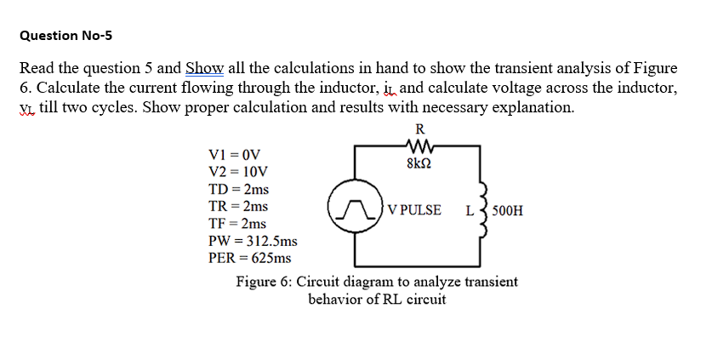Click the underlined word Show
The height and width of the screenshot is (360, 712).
tap(203, 68)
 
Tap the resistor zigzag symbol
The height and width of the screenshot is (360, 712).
tap(419, 146)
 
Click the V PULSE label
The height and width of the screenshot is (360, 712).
tap(413, 210)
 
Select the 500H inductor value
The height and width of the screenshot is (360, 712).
tap(509, 210)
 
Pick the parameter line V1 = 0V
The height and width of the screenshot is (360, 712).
tap(233, 155)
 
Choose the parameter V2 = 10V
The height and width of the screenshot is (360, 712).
tap(236, 172)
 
